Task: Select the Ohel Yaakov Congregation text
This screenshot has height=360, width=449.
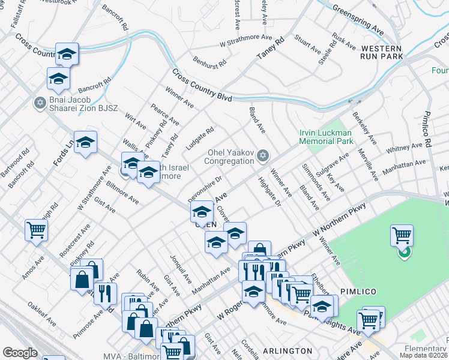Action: (229, 157)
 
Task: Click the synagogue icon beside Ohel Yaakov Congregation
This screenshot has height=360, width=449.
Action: (262, 157)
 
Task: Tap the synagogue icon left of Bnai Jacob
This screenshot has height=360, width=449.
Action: (41, 103)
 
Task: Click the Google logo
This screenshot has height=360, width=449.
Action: (20, 353)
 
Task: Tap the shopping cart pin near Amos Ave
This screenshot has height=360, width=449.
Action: (37, 229)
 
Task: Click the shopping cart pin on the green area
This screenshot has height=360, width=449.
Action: (402, 235)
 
